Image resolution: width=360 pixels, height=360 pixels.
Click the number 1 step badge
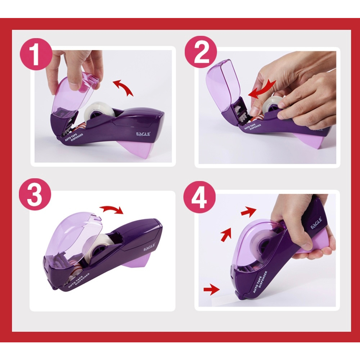point(36,54)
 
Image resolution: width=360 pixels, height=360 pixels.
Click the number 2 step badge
point(201,52)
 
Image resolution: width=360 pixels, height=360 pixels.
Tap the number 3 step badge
point(35,194)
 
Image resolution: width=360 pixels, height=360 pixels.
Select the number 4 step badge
point(199,197)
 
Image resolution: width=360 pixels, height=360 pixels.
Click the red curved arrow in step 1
point(123,86)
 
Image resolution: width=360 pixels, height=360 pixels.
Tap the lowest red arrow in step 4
point(211,290)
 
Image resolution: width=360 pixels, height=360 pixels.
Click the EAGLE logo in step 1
point(143,134)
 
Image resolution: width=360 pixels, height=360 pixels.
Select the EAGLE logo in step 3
point(149,248)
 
